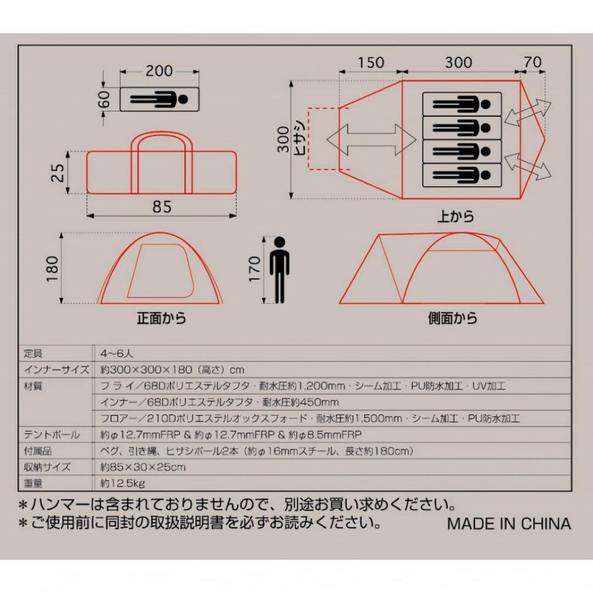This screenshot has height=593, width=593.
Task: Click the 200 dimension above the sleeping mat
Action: (x=159, y=71)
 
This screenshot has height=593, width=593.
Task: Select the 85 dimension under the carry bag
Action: (x=162, y=206)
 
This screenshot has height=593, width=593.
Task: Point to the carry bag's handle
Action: (x=161, y=137)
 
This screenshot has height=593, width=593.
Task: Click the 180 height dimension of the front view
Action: (x=53, y=268)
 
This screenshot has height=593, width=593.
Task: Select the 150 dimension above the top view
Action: (x=371, y=63)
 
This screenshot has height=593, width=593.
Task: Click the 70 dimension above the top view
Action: (x=533, y=63)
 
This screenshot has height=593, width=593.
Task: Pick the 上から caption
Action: (x=456, y=216)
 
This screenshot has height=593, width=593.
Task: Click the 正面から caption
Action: (x=161, y=318)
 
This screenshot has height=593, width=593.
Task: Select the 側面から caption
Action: (x=453, y=318)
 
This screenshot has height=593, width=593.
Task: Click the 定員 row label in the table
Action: (x=33, y=354)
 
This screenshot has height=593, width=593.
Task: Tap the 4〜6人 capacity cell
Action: (x=118, y=354)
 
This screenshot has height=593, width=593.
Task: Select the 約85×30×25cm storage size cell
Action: (x=143, y=467)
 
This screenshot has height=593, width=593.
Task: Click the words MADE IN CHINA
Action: (x=509, y=523)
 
